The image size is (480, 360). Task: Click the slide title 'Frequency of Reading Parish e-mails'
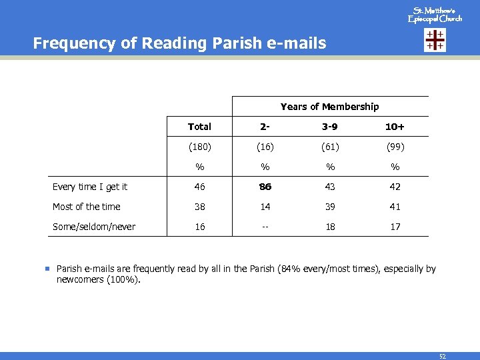coord(179,44)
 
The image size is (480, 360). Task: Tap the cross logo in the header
coord(435,41)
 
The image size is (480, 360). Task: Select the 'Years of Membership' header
coord(329,107)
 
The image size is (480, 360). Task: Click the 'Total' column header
coord(199,127)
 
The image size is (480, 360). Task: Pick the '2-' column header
coord(265,127)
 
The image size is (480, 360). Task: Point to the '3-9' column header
coord(330,127)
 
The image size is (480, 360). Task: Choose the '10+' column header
coord(395,127)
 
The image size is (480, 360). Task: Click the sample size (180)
coord(199,147)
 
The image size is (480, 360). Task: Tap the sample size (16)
coord(265,147)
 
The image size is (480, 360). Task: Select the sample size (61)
coord(330,147)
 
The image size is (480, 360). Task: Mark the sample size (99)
coord(395,147)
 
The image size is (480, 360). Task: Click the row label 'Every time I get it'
coord(90,187)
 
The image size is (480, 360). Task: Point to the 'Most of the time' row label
coord(87,207)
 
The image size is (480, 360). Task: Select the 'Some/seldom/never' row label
coord(94,227)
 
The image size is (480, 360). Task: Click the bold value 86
coord(265,187)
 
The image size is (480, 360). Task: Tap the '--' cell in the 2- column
coord(265,227)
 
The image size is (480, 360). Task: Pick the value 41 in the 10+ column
coord(395,207)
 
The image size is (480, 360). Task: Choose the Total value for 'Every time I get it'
coord(199,187)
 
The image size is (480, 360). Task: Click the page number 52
coord(442,356)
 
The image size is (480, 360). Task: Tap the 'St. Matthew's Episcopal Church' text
coord(435,15)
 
